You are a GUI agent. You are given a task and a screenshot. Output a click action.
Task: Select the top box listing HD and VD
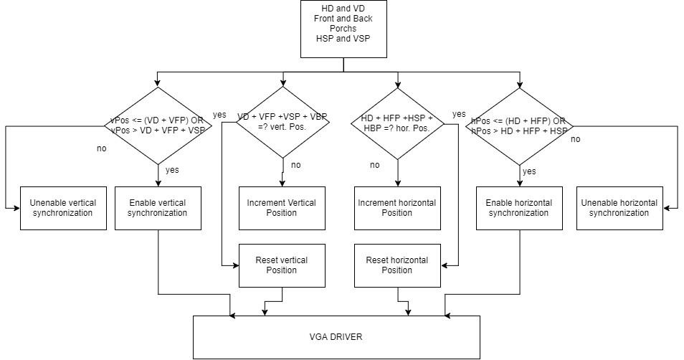click(x=343, y=29)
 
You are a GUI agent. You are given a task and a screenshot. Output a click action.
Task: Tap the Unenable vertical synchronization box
click(x=63, y=208)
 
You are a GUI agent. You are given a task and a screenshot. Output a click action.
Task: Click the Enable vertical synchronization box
click(x=157, y=208)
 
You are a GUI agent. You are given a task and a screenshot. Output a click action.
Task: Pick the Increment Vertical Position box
click(x=282, y=208)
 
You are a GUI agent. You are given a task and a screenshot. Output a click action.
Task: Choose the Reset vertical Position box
click(x=282, y=265)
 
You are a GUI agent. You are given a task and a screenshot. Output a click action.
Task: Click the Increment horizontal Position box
click(x=397, y=208)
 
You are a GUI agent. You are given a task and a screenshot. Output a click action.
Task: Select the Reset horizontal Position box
click(x=397, y=265)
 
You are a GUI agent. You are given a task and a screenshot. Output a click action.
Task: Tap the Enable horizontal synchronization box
click(x=520, y=208)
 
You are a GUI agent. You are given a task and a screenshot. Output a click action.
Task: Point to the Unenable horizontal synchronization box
click(x=619, y=208)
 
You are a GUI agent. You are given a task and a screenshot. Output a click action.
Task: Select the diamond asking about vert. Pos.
click(x=282, y=122)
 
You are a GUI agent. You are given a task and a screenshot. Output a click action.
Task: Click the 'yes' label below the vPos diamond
click(x=172, y=170)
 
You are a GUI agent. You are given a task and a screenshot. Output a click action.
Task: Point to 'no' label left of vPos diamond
click(x=101, y=148)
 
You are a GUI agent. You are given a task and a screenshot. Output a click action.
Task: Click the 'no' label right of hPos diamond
click(x=575, y=139)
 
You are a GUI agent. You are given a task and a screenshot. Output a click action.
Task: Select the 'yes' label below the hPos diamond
click(x=529, y=171)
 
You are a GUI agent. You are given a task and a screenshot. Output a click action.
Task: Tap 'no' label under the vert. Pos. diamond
click(x=296, y=165)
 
